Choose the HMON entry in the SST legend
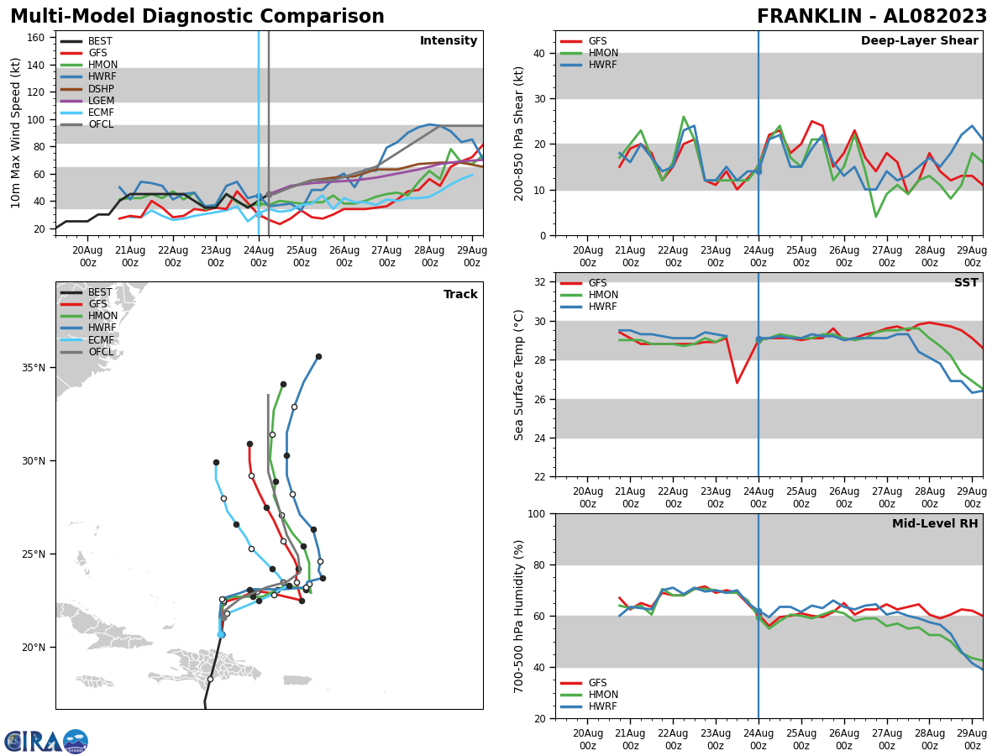coord(601,295)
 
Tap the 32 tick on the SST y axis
coord(541,282)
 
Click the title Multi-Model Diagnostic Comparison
coord(197,17)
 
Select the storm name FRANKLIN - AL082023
coord(872,17)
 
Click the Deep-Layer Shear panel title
coord(919,41)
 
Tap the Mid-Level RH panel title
coord(934,524)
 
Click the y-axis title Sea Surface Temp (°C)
coord(519,375)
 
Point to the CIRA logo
coord(45,742)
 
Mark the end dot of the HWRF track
coord(318,356)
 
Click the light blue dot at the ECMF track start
coord(221,634)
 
